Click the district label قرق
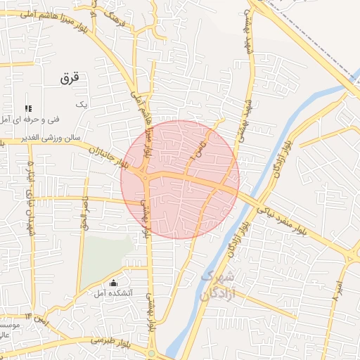coord(72,79)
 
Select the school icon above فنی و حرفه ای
coord(29,108)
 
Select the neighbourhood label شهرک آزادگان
coord(215,285)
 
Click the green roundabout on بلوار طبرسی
coord(152,353)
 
